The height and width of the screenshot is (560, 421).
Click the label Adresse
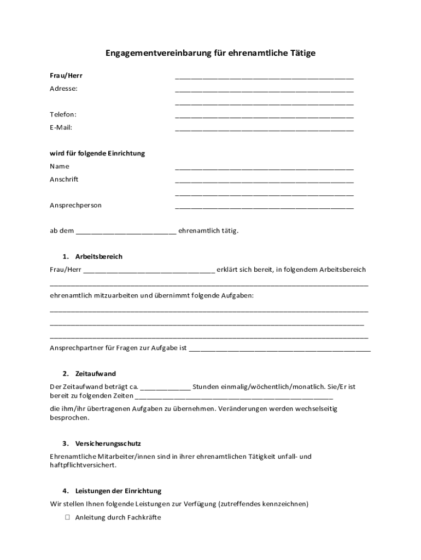click(63, 89)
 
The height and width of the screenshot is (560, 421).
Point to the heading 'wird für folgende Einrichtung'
click(97, 154)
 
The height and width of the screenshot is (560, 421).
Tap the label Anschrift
click(64, 179)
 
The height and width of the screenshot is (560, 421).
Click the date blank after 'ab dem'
click(126, 232)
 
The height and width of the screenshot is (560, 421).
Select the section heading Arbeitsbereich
click(99, 256)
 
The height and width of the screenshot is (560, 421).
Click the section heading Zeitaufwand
click(96, 374)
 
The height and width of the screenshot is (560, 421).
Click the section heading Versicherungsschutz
click(108, 444)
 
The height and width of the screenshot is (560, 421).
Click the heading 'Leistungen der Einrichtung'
click(118, 491)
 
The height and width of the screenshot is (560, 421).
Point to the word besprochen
click(69, 418)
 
